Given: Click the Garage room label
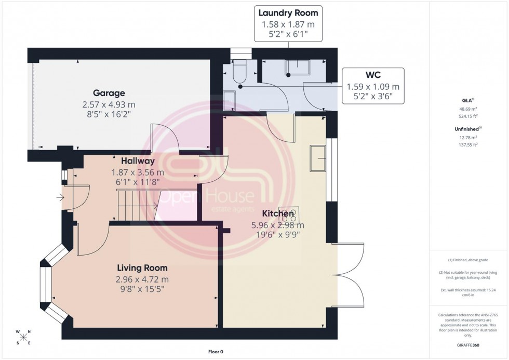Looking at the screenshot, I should [109, 93].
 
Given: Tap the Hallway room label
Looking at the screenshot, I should [138, 161].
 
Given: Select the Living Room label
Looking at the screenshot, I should [142, 268].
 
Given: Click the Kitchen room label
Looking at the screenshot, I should [278, 214].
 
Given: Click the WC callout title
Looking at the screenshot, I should [373, 75].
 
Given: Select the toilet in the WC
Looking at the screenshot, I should [240, 72].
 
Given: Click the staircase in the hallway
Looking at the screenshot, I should [136, 205].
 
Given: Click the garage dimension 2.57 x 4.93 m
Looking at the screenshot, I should [109, 104].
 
